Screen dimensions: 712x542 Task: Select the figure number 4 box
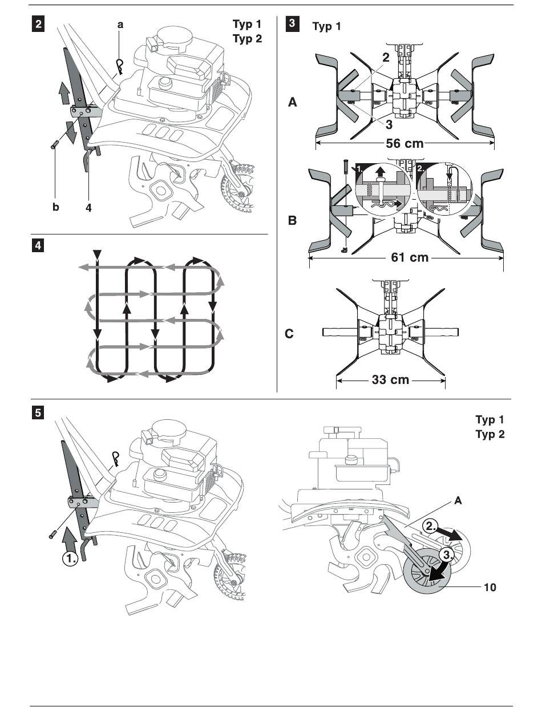click(x=38, y=246)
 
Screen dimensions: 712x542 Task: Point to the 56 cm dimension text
click(x=405, y=143)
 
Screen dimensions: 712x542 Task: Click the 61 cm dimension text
click(x=410, y=257)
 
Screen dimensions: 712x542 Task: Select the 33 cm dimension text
click(x=391, y=379)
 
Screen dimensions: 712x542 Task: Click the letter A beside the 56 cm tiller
click(x=293, y=103)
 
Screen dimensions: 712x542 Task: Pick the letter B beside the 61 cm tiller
click(x=293, y=220)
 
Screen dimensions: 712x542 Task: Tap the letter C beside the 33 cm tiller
click(x=290, y=334)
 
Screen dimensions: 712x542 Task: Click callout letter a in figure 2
click(x=120, y=25)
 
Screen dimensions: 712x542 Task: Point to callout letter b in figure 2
click(x=55, y=208)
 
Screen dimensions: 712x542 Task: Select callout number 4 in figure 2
click(x=88, y=208)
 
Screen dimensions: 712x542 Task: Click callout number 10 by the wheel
click(x=490, y=586)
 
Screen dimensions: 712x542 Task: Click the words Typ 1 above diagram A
click(x=326, y=27)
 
